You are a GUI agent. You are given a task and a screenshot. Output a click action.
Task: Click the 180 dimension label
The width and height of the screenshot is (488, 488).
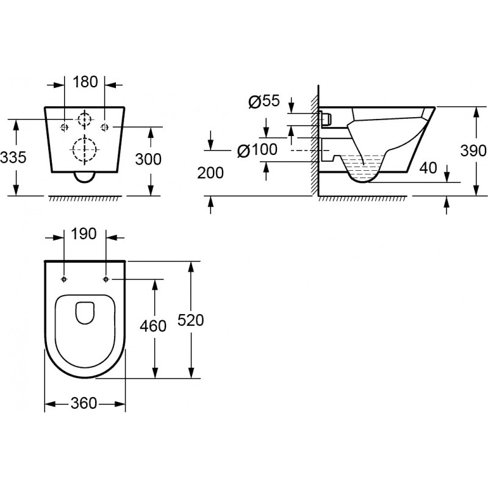85,82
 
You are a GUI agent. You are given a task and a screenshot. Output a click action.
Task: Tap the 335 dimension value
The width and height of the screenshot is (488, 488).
13,157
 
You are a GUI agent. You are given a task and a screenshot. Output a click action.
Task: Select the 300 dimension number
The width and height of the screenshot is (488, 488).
148,159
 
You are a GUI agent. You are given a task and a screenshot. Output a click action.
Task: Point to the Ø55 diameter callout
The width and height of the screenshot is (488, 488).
264,101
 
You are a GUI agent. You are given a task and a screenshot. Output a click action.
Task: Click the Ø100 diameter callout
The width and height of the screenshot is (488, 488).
257,149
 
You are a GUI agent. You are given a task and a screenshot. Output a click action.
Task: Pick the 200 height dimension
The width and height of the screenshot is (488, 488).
210,173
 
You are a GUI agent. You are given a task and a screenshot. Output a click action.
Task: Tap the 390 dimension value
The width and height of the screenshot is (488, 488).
473,151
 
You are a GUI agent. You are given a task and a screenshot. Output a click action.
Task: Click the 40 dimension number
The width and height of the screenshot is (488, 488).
428,168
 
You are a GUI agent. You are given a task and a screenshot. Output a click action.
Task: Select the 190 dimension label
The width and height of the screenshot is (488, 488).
84,234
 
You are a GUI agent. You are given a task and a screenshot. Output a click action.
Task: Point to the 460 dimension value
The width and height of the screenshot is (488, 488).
153,326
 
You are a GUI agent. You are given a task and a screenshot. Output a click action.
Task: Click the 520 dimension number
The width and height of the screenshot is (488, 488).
190,320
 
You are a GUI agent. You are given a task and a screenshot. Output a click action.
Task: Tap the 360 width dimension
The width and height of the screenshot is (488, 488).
84,404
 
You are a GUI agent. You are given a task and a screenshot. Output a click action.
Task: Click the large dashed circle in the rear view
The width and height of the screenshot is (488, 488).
84,149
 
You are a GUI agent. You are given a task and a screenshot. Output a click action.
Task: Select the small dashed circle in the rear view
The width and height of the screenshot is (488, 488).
85,120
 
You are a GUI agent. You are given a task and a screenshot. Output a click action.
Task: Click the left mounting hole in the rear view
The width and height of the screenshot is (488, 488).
65,127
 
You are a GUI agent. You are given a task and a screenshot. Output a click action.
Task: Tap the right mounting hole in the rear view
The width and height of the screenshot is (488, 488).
104,127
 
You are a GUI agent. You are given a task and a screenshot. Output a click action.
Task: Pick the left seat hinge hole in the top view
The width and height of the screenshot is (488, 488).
64,279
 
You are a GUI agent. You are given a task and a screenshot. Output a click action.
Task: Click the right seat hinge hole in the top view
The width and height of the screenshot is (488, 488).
106,279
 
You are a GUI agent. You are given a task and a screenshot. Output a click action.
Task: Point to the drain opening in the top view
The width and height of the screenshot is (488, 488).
85,312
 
